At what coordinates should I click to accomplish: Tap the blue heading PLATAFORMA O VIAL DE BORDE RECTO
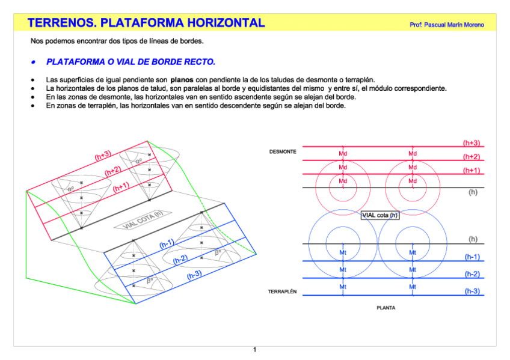coord(131,62)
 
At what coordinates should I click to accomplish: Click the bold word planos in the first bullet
coord(182,79)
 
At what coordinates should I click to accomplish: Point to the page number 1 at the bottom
coord(255,350)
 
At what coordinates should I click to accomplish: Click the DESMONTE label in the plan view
coord(283,152)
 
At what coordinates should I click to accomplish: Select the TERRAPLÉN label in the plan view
coord(282,292)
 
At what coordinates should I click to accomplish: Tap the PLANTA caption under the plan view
coord(386,308)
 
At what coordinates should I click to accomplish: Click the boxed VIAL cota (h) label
coord(379,215)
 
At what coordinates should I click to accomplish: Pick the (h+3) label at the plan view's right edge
coord(471,143)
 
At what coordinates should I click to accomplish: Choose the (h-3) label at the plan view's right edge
coord(472,291)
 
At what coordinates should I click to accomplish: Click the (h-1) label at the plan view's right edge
coord(472,257)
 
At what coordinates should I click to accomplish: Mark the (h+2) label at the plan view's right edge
coord(471,157)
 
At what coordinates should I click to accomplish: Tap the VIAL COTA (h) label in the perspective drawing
coord(143,221)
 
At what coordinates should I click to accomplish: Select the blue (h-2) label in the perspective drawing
coord(180,260)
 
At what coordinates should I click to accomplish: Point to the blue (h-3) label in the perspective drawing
coord(194,275)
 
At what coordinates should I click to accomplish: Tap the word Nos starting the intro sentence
coord(37,41)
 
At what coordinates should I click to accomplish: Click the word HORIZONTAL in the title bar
coord(226,23)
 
